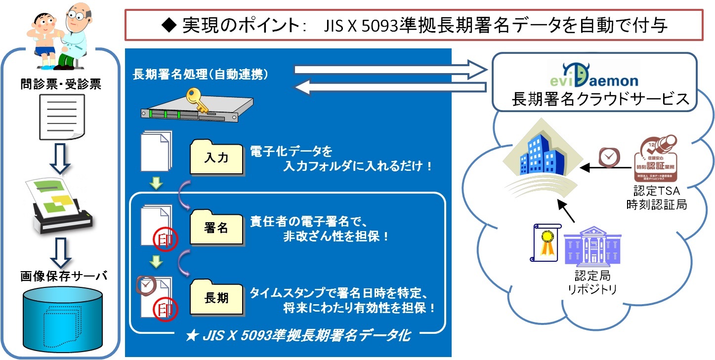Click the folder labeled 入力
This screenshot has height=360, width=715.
[216, 158]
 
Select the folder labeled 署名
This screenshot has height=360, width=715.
[216, 228]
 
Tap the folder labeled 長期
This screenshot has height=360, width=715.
[216, 298]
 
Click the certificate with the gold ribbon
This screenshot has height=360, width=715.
[546, 242]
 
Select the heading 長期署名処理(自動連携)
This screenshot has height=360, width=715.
[201, 75]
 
